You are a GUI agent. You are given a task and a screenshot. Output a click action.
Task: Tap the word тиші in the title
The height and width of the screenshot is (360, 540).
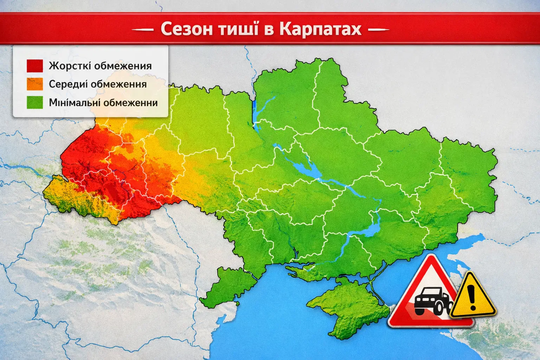click(x=239, y=29)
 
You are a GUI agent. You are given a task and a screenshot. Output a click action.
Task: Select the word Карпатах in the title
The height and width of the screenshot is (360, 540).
click(x=320, y=29)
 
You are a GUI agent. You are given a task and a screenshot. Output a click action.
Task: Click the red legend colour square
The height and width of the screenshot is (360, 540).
click(x=35, y=66)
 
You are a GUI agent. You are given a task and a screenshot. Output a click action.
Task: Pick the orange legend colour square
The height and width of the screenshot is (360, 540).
click(x=35, y=84)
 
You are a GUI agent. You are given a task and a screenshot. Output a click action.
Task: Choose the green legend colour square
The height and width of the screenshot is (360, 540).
click(x=35, y=103)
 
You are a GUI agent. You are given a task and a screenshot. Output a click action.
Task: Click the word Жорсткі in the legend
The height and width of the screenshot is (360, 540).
click(x=70, y=66)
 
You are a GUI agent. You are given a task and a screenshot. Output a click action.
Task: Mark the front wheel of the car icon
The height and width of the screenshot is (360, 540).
click(x=439, y=309)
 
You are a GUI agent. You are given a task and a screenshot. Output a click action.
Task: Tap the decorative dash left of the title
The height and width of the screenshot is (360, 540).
click(x=143, y=30)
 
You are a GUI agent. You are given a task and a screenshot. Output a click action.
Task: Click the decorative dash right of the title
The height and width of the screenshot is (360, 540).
click(x=379, y=30)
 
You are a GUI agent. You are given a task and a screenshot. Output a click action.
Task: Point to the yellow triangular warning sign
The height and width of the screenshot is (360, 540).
click(x=473, y=297)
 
